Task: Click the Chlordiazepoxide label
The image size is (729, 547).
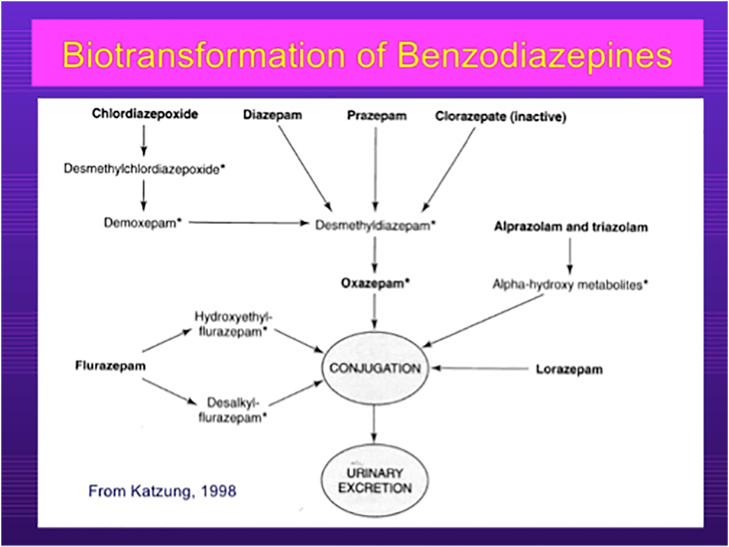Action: (x=145, y=114)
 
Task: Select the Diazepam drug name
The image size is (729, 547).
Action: (x=272, y=115)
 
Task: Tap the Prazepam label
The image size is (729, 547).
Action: (x=377, y=115)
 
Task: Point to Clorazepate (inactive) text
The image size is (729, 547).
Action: (x=501, y=116)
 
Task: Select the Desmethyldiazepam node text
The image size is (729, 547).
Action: (x=376, y=225)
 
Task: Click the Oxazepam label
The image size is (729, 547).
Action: (x=376, y=283)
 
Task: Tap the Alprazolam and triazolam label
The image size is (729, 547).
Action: (x=571, y=227)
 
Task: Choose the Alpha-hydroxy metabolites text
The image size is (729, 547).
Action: (x=570, y=284)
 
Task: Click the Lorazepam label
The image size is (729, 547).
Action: (x=569, y=370)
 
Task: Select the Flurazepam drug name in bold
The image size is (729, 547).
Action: (x=110, y=366)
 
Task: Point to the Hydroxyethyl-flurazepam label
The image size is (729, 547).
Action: (x=233, y=324)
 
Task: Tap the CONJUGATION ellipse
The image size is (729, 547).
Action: (x=375, y=369)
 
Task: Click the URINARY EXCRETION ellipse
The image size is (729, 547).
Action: (x=375, y=481)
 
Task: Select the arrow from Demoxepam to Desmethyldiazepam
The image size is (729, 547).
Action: (x=249, y=223)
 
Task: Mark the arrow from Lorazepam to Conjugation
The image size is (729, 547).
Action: (x=480, y=369)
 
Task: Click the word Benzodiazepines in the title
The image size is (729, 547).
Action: (x=535, y=56)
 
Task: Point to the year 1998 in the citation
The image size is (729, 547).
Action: (x=219, y=491)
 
